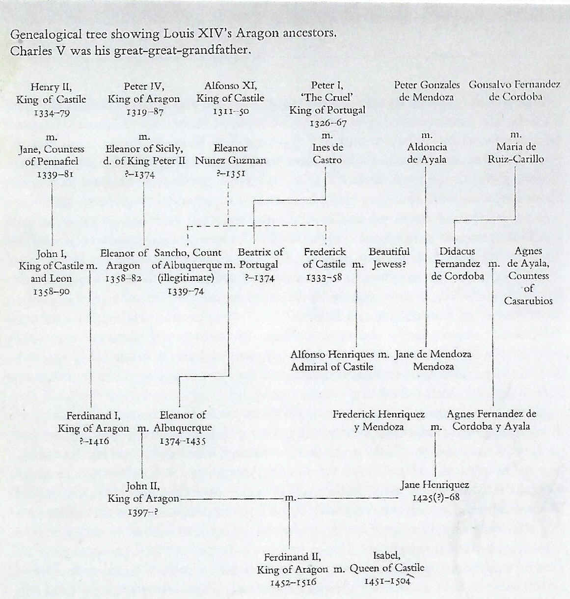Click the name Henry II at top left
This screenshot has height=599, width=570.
coord(51,87)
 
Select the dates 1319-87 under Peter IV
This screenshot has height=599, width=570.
coord(145,112)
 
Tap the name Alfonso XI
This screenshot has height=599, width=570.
coord(231,86)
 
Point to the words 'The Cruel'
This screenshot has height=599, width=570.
coord(327,98)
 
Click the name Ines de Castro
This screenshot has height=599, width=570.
coord(327,154)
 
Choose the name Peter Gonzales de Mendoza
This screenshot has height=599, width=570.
coord(427,91)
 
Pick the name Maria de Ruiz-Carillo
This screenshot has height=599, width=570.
coord(516,153)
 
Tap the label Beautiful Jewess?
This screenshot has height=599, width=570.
coord(389,258)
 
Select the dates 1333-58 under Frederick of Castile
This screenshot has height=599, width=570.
coord(324,277)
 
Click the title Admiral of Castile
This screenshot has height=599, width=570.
coord(332,367)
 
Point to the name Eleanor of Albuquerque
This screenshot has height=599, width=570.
coord(183,421)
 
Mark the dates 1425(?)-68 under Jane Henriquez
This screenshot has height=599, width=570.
coord(435,498)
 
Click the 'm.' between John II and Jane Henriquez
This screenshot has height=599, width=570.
coord(290,498)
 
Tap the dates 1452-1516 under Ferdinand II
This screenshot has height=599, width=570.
coord(293,582)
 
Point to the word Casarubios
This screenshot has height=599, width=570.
coord(528,301)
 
